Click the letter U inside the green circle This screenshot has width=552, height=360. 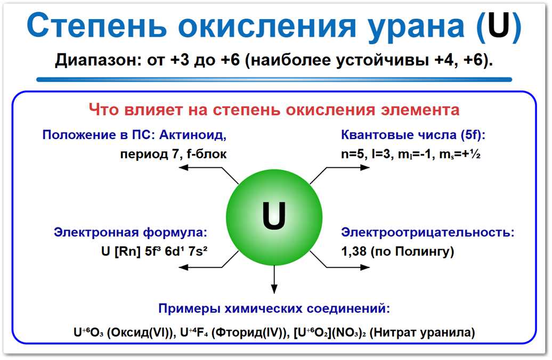coord(274,216)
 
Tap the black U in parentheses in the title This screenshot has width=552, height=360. coord(497,26)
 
